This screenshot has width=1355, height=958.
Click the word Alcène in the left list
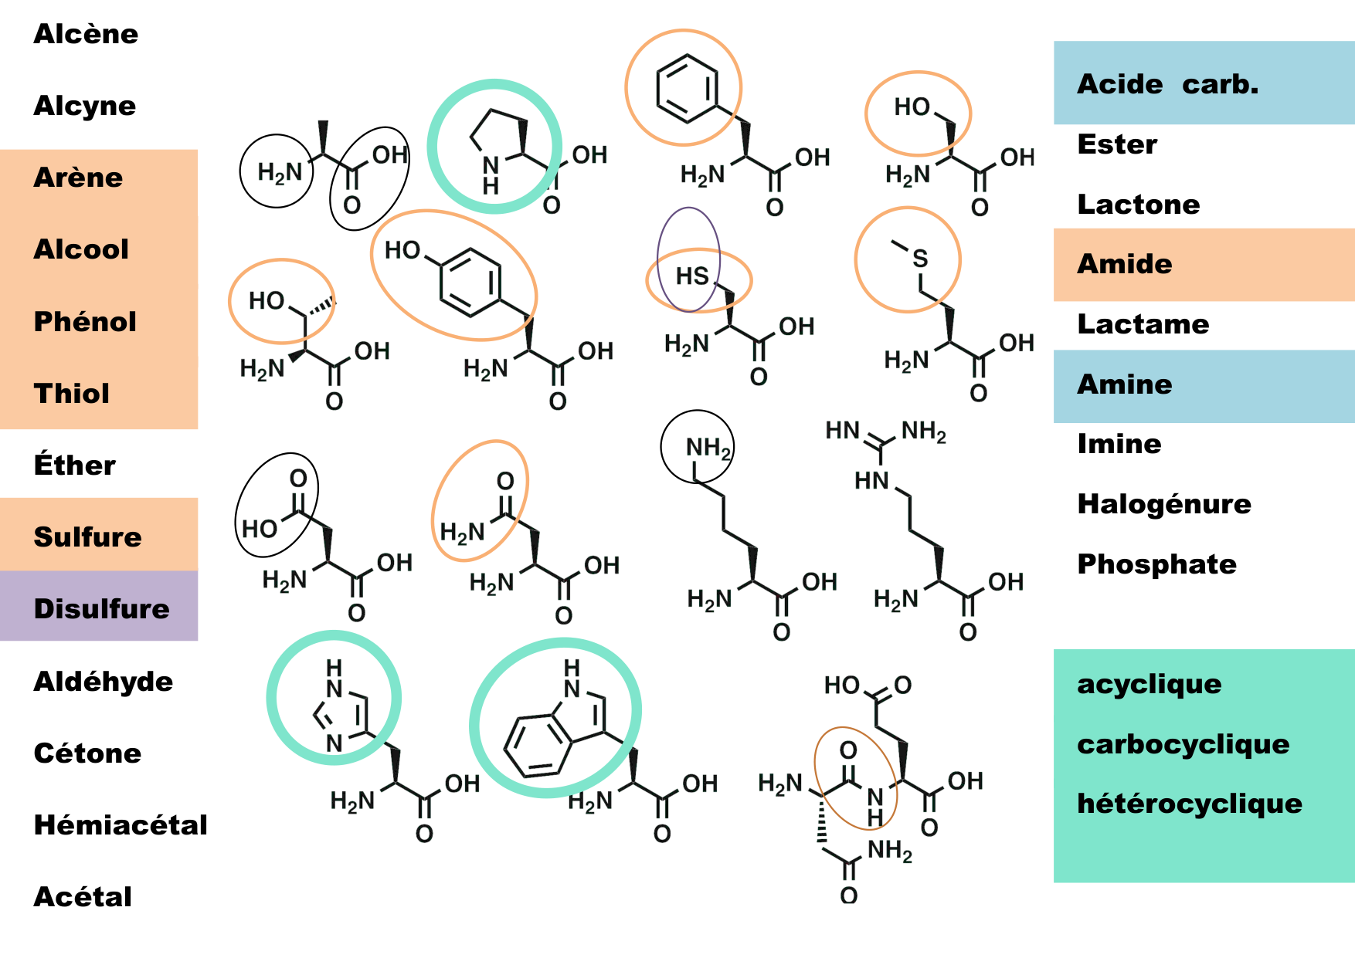86,34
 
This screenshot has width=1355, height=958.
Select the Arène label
78,178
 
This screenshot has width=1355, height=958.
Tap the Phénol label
85,321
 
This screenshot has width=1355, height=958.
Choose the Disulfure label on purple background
101,608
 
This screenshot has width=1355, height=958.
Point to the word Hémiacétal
121,824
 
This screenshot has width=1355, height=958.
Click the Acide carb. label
1167,83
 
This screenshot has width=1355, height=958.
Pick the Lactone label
1138,204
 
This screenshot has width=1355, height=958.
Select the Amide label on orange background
1124,264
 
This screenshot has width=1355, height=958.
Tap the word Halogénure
1163,503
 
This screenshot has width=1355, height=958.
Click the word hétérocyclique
1189,803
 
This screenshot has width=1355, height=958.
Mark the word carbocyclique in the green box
1183,743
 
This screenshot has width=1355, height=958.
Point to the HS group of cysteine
692,276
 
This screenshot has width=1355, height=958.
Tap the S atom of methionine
919,259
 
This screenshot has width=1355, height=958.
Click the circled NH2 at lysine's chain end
707,447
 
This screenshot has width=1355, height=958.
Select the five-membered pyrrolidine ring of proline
499,139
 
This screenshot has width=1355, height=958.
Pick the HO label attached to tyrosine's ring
402,250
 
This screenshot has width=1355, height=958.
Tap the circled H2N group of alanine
279,172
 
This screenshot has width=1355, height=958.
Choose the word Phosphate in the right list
1156,564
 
